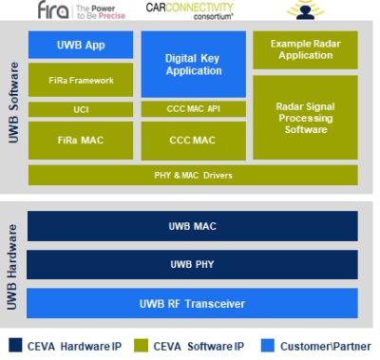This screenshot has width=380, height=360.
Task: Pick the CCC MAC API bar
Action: [193, 109]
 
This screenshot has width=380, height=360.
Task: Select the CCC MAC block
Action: [193, 141]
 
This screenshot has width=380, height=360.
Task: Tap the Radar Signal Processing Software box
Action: [305, 117]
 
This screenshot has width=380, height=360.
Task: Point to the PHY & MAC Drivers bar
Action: [193, 175]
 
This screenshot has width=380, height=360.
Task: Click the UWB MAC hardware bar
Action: [193, 226]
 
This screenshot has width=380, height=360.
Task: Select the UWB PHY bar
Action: [193, 264]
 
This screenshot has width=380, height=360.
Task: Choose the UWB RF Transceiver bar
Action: [193, 303]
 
